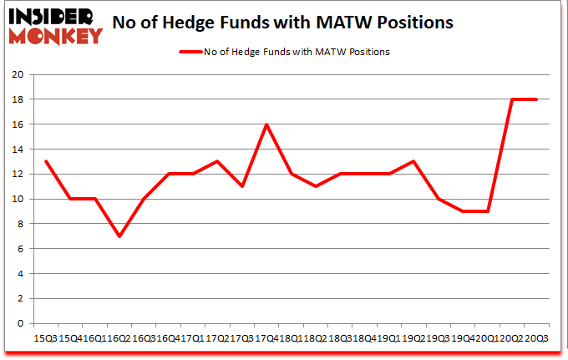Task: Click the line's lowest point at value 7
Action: coord(119,236)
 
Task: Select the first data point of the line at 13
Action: coord(45,161)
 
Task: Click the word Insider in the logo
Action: coord(50,16)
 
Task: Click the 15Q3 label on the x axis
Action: coord(45,337)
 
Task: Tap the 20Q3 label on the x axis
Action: coord(536,337)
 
